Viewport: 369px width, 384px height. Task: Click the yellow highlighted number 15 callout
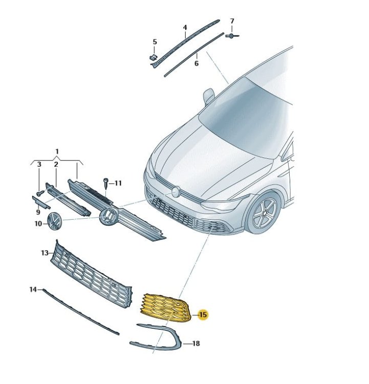pyautogui.click(x=203, y=315)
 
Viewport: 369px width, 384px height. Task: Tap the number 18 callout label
pyautogui.click(x=196, y=344)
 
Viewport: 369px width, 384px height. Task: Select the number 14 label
pyautogui.click(x=33, y=289)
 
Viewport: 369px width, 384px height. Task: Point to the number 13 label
pyautogui.click(x=45, y=253)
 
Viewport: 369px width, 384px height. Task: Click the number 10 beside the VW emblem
pyautogui.click(x=38, y=224)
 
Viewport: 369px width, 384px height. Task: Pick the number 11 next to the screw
pyautogui.click(x=118, y=183)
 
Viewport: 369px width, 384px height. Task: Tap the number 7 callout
pyautogui.click(x=232, y=22)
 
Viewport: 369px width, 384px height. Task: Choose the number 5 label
pyautogui.click(x=155, y=42)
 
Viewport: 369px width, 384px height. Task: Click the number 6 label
pyautogui.click(x=197, y=63)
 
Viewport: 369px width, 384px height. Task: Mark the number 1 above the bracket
pyautogui.click(x=57, y=152)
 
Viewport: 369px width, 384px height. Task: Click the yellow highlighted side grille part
pyautogui.click(x=166, y=308)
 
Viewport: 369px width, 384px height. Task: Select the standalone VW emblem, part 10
pyautogui.click(x=55, y=221)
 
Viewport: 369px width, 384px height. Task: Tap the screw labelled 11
pyautogui.click(x=106, y=183)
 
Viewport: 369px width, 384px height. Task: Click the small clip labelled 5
pyautogui.click(x=153, y=57)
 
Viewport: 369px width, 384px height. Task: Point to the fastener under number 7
pyautogui.click(x=232, y=36)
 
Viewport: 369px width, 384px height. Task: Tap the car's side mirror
pyautogui.click(x=209, y=96)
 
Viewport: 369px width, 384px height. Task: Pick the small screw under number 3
pyautogui.click(x=40, y=193)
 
